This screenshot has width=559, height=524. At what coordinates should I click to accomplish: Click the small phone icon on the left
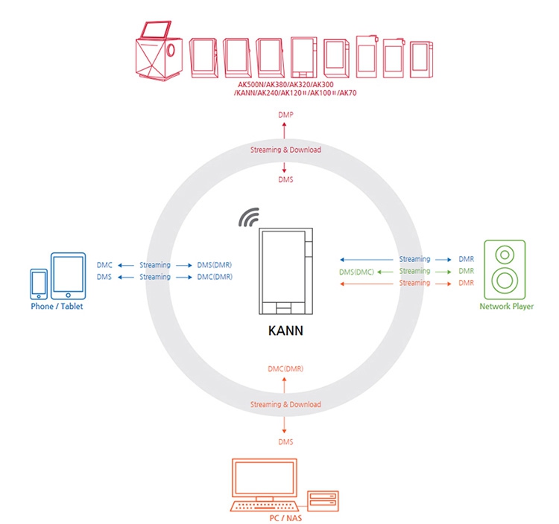39,283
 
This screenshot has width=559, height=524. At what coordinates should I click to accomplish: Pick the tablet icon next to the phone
66,275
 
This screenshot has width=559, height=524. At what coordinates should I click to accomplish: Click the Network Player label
506,306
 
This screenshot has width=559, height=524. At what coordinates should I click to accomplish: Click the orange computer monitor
265,479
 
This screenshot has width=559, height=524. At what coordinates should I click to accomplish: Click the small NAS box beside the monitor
323,499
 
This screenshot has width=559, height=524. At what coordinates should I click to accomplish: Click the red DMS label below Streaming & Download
285,181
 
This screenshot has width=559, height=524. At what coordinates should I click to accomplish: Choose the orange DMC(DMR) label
285,368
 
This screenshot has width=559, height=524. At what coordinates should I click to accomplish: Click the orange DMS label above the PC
285,441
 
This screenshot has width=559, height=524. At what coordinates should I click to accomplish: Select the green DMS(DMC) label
356,272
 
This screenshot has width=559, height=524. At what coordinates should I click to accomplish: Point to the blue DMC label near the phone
105,265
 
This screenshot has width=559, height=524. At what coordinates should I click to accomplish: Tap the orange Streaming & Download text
285,404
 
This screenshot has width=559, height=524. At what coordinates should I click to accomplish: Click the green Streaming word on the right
415,271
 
